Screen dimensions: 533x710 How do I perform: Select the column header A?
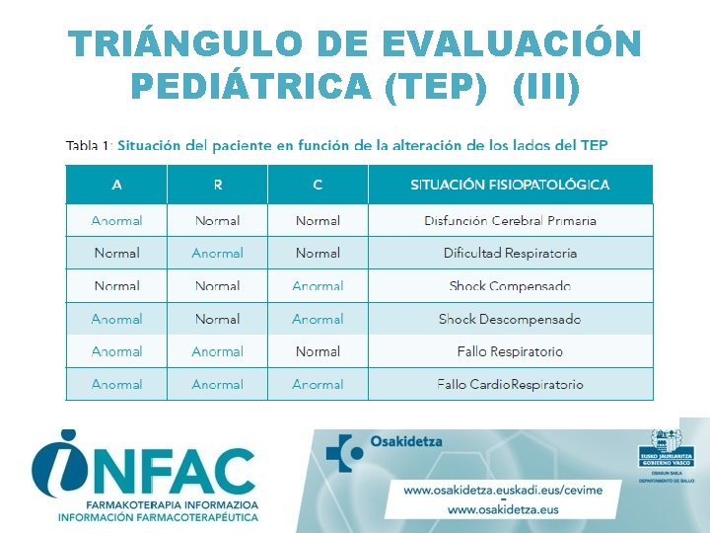point(116,185)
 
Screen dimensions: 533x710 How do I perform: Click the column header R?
point(217,185)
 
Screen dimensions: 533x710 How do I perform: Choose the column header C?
point(318,185)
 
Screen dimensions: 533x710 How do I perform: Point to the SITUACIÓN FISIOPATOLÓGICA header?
point(510,185)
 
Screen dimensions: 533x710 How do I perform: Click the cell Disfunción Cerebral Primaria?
point(510,221)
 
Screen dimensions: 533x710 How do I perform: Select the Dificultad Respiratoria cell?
point(510,254)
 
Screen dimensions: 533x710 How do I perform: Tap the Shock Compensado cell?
point(510,286)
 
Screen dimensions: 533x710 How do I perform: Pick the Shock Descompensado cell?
point(510,319)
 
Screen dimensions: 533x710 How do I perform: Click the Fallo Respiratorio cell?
point(510,351)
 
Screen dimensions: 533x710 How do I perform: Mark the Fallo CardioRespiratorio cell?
point(510,384)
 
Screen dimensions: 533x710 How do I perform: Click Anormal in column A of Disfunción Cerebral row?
point(116,221)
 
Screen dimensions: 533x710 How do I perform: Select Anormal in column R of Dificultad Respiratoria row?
point(217,254)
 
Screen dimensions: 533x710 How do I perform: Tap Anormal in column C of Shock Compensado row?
point(318,286)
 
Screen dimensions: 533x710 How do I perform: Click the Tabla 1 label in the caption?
point(87,145)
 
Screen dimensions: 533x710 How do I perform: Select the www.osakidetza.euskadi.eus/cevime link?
point(511,490)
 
